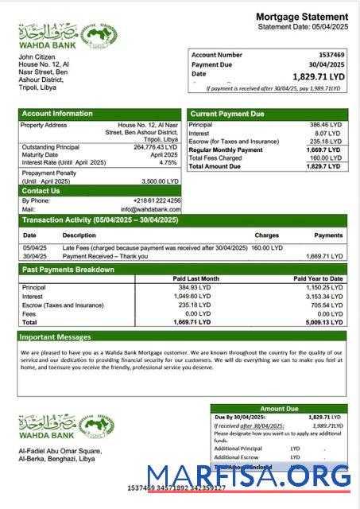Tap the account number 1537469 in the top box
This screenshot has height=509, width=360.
click(x=327, y=55)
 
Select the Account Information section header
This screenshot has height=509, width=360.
click(x=57, y=114)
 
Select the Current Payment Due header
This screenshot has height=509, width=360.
click(x=227, y=115)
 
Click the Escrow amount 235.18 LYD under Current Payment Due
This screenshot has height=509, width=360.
click(x=326, y=142)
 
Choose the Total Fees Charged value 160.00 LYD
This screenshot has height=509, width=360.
click(x=326, y=158)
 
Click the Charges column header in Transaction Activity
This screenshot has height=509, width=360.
click(x=266, y=235)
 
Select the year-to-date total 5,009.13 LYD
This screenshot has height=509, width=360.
click(x=323, y=322)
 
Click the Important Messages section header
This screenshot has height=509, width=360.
click(x=56, y=337)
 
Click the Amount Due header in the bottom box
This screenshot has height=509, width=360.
click(x=278, y=409)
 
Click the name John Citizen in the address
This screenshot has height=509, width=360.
click(x=37, y=57)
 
